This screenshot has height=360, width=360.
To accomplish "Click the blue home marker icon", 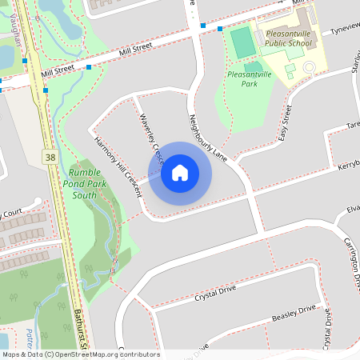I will coord(180,173).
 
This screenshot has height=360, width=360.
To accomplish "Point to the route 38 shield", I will coord(50,158).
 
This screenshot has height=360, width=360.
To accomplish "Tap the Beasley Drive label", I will coord(294,315).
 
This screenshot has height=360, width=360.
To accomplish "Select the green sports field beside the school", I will coord(241,43).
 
